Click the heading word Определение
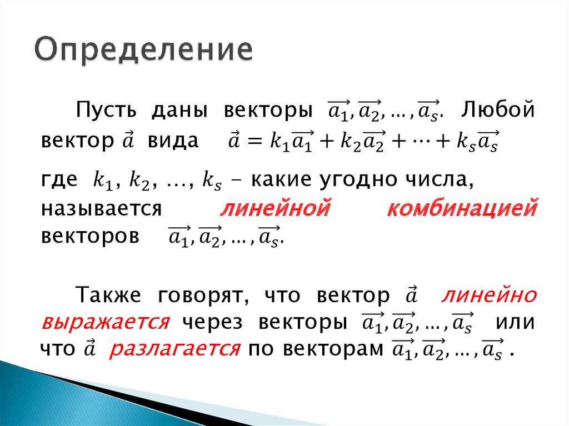coord(143,51)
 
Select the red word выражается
coord(105,323)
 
